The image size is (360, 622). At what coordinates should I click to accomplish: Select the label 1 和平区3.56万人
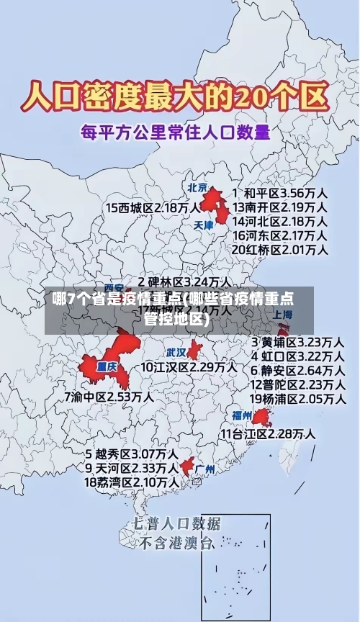281,194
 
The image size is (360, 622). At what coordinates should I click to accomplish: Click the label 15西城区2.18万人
153,207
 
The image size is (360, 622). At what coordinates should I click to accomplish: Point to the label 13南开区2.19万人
279,207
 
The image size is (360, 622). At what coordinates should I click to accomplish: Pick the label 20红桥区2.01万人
279,249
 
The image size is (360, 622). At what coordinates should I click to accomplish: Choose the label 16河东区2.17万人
279,235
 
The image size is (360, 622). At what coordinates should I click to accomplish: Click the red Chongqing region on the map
108,364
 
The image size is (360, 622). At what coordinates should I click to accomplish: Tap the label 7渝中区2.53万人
109,396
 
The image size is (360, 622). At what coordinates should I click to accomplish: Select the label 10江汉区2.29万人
189,367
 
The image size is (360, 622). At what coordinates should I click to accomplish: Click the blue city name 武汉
176,353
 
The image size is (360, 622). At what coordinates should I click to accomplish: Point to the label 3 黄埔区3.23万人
297,342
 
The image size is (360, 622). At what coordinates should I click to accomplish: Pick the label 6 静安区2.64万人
297,370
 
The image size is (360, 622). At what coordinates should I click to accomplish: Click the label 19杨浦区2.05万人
297,398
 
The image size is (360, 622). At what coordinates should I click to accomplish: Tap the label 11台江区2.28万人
268,433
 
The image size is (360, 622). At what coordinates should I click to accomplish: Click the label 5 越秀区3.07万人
132,454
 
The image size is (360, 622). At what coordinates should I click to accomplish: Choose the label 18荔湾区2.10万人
132,482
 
